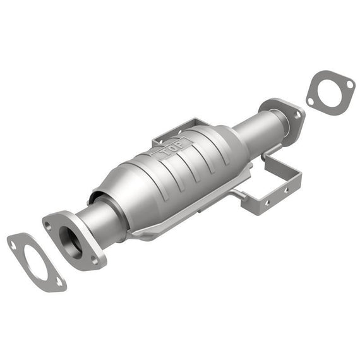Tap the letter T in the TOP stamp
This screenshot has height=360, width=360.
click(165, 152)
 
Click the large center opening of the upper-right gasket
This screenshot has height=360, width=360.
click(329, 92)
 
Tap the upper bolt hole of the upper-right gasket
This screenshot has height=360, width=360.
click(350, 84)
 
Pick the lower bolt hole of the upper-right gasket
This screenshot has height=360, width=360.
click(310, 102)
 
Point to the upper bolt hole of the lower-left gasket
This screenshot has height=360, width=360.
click(13, 246)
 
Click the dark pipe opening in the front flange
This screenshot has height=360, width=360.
click(71, 243)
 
